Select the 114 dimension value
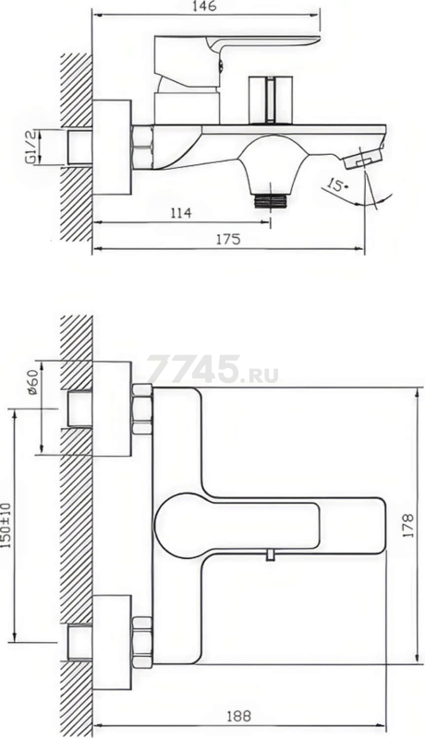(181, 213)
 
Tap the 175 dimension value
(228, 239)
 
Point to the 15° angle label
(337, 185)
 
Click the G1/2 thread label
(30, 147)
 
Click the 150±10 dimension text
(6, 525)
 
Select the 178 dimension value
(409, 526)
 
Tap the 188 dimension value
(239, 717)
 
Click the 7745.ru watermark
(212, 370)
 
